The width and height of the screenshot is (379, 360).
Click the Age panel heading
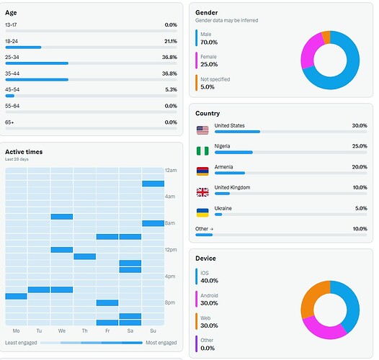[x=12, y=12]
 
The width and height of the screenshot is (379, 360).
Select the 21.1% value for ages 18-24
[x=170, y=41]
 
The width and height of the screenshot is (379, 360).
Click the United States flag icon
[x=202, y=130]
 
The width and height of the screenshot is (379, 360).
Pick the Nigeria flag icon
[x=202, y=150]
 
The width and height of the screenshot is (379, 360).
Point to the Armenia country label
[x=226, y=166]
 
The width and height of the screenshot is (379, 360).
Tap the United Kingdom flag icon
[x=202, y=192]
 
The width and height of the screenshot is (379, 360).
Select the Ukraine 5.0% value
[x=359, y=208]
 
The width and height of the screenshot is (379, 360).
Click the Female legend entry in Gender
[x=208, y=56]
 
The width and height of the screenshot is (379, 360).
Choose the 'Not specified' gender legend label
[x=214, y=78]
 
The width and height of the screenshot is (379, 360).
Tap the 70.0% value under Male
[x=209, y=42]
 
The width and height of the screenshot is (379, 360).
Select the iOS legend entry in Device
[x=205, y=272]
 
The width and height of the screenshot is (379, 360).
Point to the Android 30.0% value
[x=209, y=303]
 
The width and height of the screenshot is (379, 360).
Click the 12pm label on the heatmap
[x=171, y=250]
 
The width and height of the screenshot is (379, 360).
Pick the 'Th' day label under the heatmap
[x=84, y=330]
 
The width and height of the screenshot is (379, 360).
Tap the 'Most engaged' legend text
[x=161, y=343]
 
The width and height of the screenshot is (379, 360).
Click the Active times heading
[x=24, y=152]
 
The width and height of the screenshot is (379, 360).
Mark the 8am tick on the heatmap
[x=170, y=223]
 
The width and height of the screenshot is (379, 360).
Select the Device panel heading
[x=205, y=258]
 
